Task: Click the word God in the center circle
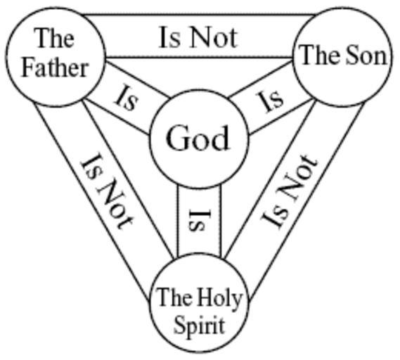point(198,138)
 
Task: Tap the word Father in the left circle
point(55,68)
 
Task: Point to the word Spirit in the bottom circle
point(199,326)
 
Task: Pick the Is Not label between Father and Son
point(198,38)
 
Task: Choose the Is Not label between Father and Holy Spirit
point(106,192)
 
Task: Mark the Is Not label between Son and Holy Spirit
point(290,192)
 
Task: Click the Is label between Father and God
point(126,98)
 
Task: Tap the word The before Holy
point(174,297)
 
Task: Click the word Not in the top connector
point(214,38)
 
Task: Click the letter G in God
point(178,138)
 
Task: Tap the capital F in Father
point(29,68)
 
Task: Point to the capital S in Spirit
point(179,326)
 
